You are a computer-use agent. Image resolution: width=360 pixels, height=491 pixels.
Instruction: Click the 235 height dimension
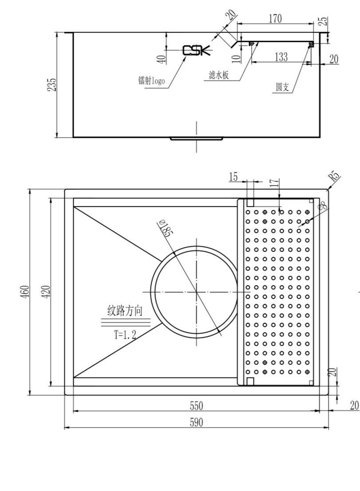52,84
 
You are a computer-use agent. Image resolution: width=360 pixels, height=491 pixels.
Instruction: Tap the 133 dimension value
281,57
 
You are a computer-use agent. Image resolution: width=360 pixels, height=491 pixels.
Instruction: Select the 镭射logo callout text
151,80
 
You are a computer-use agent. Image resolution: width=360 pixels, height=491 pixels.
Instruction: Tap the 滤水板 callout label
219,76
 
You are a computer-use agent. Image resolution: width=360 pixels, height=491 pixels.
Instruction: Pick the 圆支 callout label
282,88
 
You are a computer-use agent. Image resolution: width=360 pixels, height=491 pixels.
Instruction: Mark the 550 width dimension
196,406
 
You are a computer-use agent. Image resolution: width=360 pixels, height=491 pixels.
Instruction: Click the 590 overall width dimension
196,423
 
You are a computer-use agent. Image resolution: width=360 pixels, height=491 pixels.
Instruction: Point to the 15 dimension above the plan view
233,177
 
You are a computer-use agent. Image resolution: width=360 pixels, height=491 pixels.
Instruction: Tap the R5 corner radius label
335,177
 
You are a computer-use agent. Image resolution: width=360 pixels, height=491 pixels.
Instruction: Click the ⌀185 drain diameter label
164,229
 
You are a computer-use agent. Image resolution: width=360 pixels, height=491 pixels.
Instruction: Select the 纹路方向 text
125,311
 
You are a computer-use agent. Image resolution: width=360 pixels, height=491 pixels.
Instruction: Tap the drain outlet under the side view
196,139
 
